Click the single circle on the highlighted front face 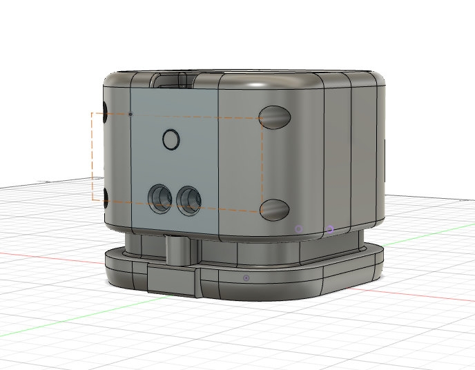(x=171, y=140)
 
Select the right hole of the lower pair (x=188, y=197)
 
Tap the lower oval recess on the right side (x=274, y=209)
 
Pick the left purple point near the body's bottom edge (x=299, y=228)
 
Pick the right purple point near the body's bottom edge (x=331, y=229)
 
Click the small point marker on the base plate (x=246, y=277)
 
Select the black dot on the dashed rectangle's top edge (x=130, y=114)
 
